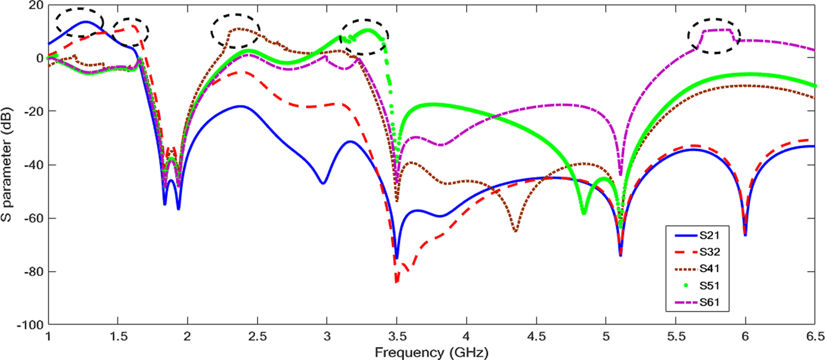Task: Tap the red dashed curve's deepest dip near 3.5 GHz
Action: pos(397,282)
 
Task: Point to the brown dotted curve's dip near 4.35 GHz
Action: pos(516,231)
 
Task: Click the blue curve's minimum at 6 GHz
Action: pos(745,235)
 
